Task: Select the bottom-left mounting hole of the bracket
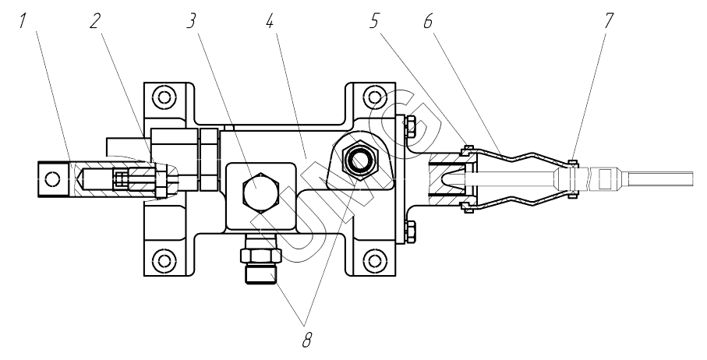tap(162, 259)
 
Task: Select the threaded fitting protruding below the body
tap(260, 264)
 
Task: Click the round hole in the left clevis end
tap(52, 178)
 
